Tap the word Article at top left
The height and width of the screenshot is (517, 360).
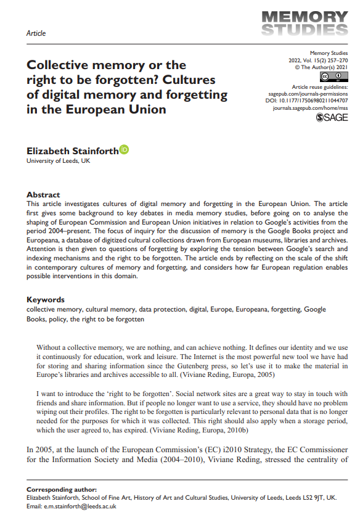pos(36,33)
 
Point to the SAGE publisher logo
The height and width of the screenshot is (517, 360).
pos(332,117)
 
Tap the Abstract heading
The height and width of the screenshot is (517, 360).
pos(43,194)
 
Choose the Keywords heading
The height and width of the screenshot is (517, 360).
pos(46,300)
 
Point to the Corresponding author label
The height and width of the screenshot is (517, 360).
pos(61,489)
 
